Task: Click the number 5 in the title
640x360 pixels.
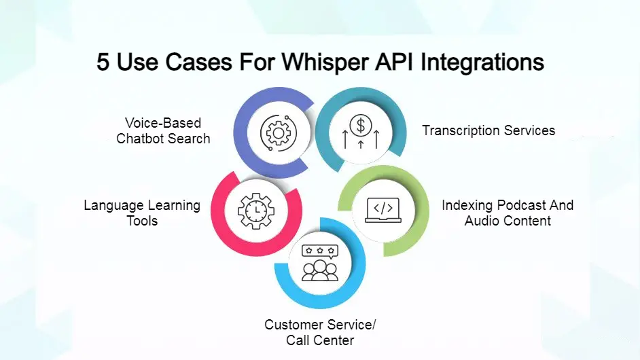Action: coord(103,62)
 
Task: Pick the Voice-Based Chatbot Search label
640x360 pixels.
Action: coord(163,130)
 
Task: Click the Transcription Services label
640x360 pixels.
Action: coord(488,130)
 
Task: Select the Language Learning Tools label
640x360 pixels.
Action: coord(142,213)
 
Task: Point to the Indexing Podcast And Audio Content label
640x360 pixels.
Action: coord(508,213)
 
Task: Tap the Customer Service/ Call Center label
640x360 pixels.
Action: coord(320,332)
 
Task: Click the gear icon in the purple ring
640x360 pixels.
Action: coord(279,132)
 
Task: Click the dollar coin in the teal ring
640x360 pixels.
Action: coord(361,125)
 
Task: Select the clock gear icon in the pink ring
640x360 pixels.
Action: coord(255,211)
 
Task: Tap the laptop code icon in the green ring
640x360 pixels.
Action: coord(383,209)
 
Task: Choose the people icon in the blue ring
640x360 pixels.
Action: coord(320,271)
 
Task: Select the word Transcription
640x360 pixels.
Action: coord(459,130)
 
